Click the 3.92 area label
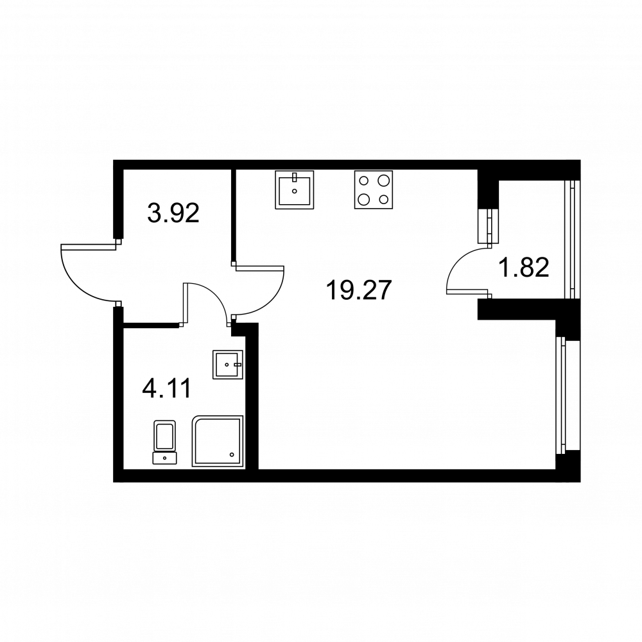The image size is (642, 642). click(173, 213)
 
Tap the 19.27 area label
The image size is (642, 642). click(359, 290)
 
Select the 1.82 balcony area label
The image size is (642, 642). click(523, 268)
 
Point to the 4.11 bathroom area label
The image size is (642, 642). click(166, 388)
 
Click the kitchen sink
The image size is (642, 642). click(295, 190)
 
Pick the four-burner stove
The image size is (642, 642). click(374, 190)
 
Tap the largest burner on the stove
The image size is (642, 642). click(383, 180)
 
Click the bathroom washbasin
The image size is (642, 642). click(228, 365)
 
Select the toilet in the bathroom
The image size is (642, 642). click(164, 442)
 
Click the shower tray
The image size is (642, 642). click(218, 442)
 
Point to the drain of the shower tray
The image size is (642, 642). click(232, 455)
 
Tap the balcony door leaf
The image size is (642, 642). click(469, 291)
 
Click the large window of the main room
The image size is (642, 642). click(560, 395)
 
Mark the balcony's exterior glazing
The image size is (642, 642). click(569, 239)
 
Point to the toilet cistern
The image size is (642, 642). click(164, 458)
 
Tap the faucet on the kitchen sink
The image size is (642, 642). click(295, 177)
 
